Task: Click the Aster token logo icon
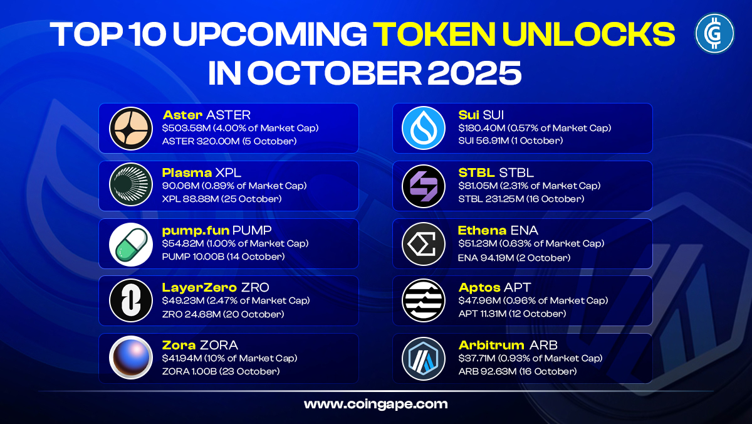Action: tap(131, 129)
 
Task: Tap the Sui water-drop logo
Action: tap(424, 129)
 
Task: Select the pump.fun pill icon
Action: tap(131, 244)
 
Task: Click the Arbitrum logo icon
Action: tap(424, 359)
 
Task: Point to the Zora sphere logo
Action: tap(131, 359)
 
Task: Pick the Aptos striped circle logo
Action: tap(424, 301)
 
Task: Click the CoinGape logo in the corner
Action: tap(714, 33)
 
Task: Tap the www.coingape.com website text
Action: tap(375, 404)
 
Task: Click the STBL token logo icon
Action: tap(424, 186)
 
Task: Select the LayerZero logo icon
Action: tap(131, 301)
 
